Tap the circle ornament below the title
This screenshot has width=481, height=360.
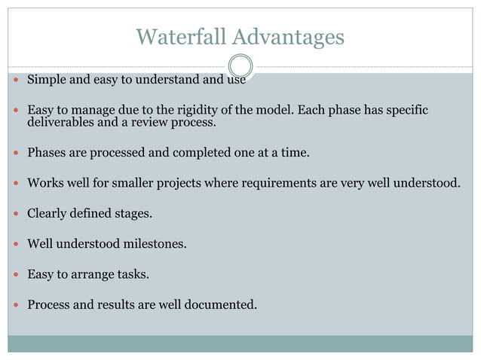240,66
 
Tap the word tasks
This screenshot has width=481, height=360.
133,275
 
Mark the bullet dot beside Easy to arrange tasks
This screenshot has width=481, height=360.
16,275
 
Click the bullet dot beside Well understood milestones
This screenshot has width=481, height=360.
16,244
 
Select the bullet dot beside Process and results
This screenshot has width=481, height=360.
16,305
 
